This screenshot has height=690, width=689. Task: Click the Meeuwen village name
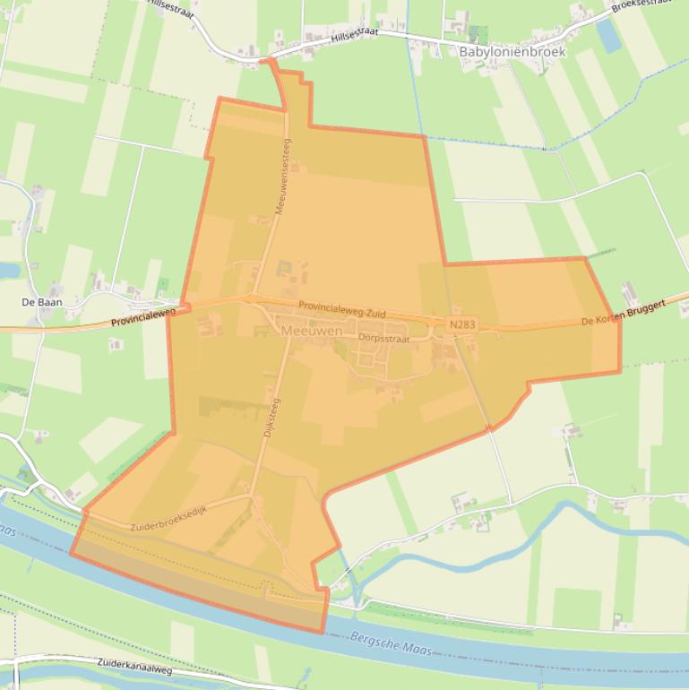311,331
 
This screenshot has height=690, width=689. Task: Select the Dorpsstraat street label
383,339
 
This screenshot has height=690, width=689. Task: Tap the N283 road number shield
462,323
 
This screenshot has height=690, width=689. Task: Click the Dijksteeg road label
270,418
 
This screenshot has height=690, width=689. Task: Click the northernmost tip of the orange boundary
268,61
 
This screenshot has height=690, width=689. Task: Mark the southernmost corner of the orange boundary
323,632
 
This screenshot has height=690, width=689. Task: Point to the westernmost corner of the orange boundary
71,553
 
